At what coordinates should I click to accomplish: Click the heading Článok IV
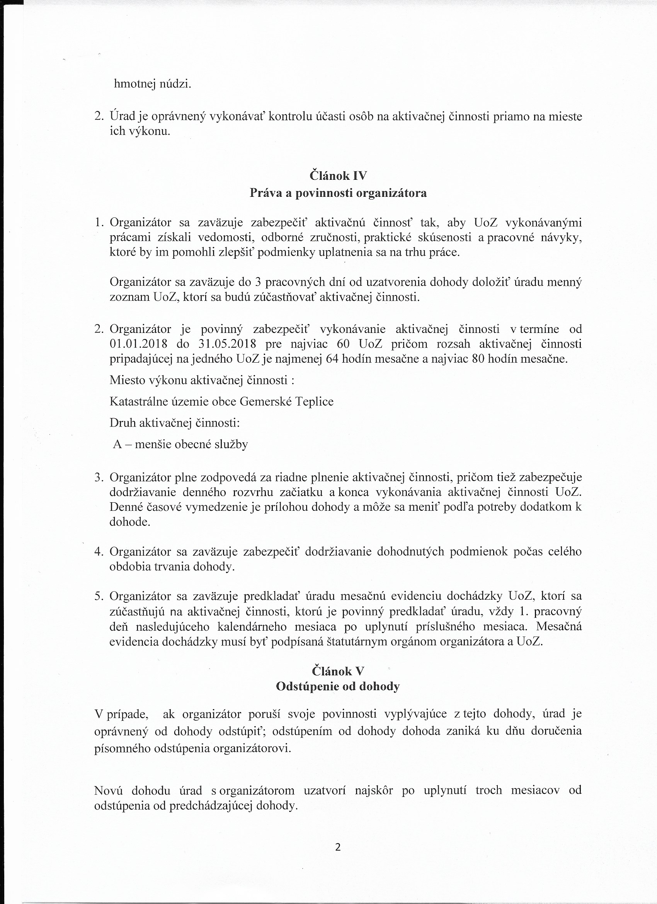338,176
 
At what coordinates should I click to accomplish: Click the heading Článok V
338,671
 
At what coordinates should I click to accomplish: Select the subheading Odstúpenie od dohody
338,686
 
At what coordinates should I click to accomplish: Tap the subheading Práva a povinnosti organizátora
338,193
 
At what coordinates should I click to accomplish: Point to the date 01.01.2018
138,344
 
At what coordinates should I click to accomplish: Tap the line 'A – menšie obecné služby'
180,444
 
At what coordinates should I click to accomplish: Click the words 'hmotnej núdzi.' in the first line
153,84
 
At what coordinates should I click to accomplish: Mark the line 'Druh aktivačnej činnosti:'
175,423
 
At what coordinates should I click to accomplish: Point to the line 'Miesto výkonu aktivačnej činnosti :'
202,380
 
